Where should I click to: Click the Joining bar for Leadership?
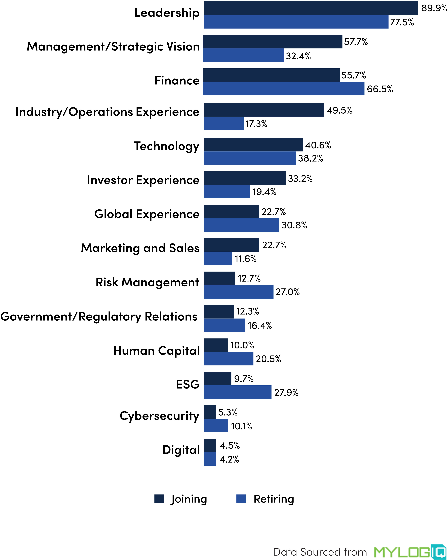click(x=311, y=8)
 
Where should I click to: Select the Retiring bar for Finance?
click(x=284, y=89)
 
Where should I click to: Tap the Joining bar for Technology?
click(x=253, y=145)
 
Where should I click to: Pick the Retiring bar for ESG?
click(x=237, y=392)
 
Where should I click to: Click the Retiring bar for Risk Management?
click(x=238, y=292)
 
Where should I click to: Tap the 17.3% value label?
click(x=256, y=124)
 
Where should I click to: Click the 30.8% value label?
click(x=294, y=225)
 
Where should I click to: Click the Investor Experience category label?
click(x=143, y=180)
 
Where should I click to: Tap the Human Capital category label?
click(x=157, y=351)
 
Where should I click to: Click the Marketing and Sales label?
click(x=140, y=248)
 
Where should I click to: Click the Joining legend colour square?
click(x=159, y=499)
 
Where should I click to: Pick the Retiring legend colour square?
click(x=241, y=499)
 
